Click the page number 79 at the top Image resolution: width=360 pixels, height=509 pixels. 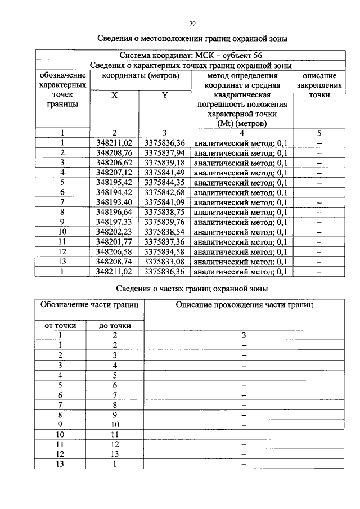pyautogui.click(x=192, y=24)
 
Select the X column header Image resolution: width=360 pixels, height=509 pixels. pyautogui.click(x=114, y=96)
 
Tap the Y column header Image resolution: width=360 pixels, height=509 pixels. pyautogui.click(x=164, y=96)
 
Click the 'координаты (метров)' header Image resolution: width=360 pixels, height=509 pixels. pyautogui.click(x=139, y=75)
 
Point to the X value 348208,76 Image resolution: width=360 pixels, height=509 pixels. pyautogui.click(x=114, y=152)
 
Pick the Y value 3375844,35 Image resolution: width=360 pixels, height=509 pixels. pyautogui.click(x=164, y=182)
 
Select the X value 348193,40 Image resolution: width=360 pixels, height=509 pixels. pyautogui.click(x=114, y=202)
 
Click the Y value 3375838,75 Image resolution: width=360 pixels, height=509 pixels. pyautogui.click(x=164, y=212)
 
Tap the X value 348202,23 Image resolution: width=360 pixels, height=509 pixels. pyautogui.click(x=114, y=232)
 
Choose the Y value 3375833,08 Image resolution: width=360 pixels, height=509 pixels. pyautogui.click(x=164, y=262)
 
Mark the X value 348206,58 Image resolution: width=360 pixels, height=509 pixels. pyautogui.click(x=114, y=252)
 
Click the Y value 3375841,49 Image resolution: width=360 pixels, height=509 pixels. pyautogui.click(x=164, y=173)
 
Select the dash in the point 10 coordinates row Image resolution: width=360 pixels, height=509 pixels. pyautogui.click(x=319, y=232)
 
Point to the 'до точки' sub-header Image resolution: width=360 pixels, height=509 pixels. pyautogui.click(x=115, y=325)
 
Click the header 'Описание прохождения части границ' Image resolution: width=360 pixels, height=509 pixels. pyautogui.click(x=244, y=304)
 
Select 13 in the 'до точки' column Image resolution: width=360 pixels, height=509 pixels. pyautogui.click(x=115, y=454)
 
